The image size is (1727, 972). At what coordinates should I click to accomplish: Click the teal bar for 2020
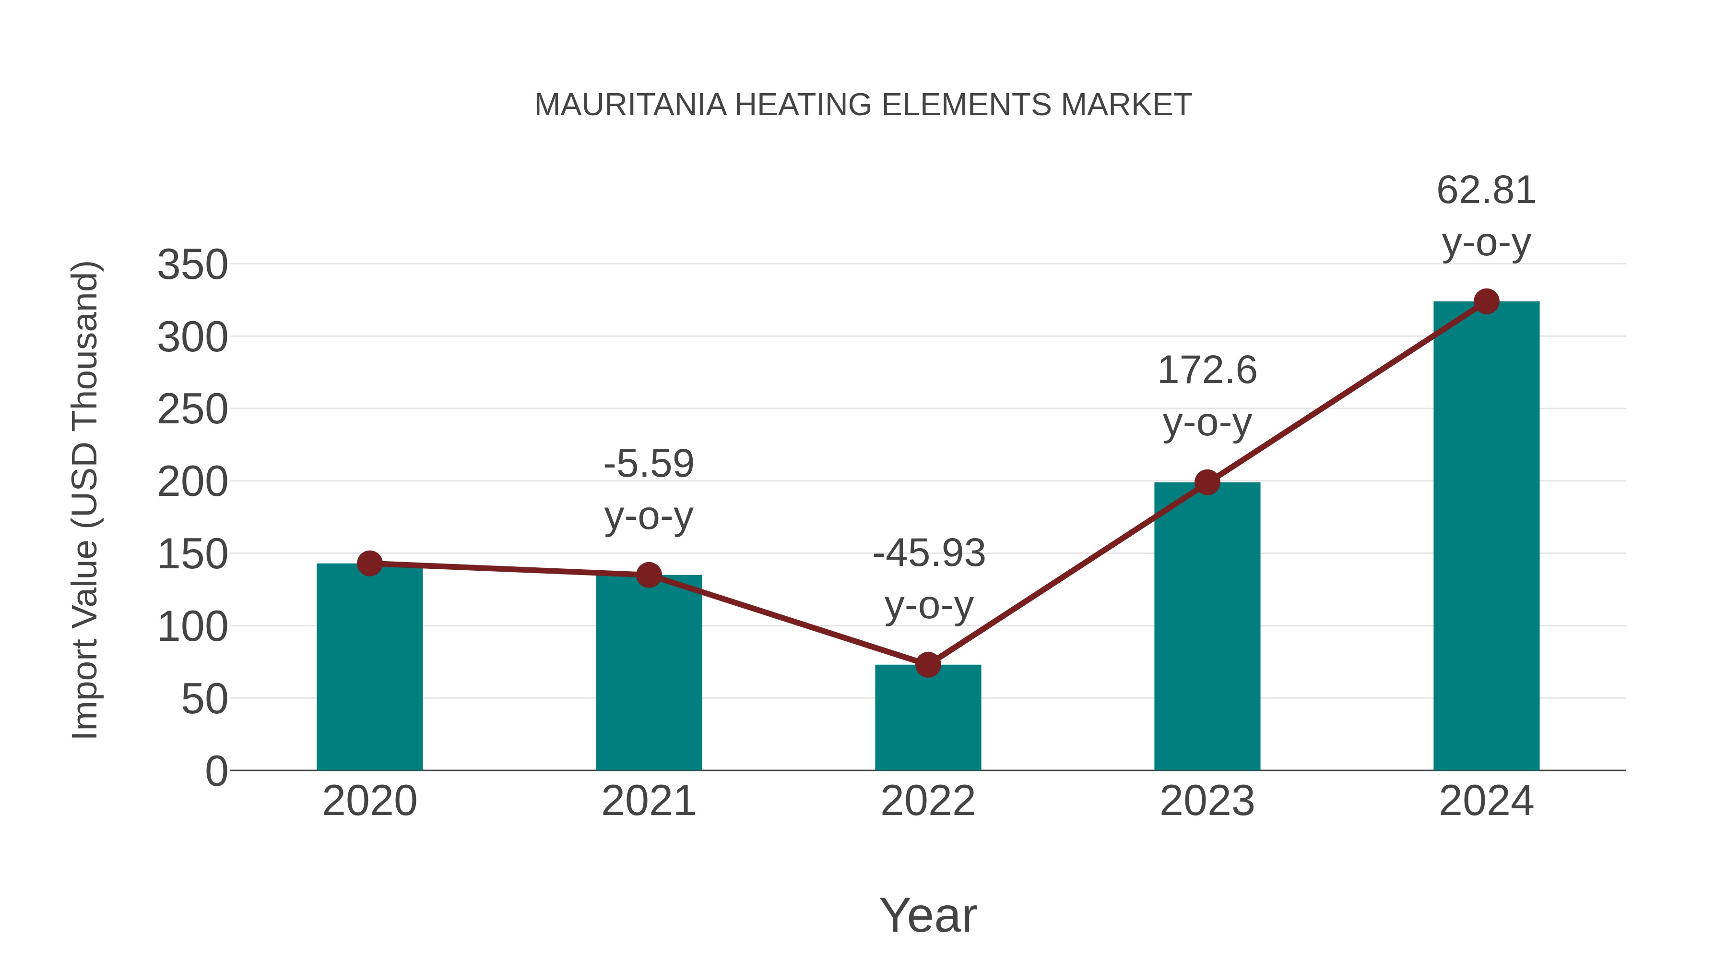click(369, 668)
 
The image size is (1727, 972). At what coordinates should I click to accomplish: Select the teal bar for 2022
click(928, 718)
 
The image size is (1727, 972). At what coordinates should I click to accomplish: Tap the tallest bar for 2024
click(1486, 537)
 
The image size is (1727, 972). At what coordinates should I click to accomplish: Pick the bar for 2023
click(1207, 627)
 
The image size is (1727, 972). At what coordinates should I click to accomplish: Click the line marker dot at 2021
click(648, 575)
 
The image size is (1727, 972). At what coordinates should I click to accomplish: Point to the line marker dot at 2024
click(1486, 302)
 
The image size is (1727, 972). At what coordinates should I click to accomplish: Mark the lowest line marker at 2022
click(928, 665)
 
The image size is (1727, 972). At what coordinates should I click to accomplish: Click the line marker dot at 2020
click(369, 564)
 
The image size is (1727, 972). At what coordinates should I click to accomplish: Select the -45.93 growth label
click(929, 554)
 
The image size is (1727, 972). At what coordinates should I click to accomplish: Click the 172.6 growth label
click(1207, 371)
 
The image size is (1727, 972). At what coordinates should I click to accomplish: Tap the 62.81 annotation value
click(1486, 191)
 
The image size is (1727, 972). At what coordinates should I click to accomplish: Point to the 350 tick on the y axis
click(192, 265)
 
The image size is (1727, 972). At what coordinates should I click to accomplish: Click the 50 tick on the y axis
click(204, 700)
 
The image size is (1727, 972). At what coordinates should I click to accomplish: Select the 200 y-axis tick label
click(192, 482)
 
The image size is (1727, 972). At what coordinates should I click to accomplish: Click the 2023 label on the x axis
click(1207, 802)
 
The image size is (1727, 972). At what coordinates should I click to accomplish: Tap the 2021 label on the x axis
click(648, 802)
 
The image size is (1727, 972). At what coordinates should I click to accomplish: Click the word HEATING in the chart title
click(803, 105)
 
